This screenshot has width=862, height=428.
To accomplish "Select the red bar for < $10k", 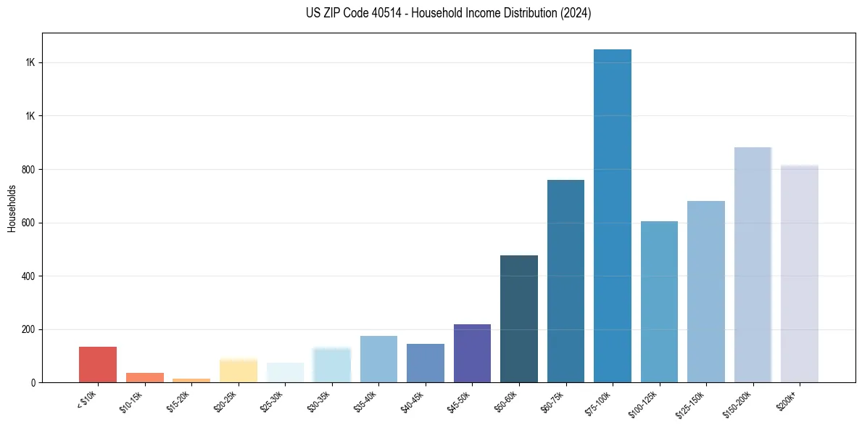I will tap(98, 364).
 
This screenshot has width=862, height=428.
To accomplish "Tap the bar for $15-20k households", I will tap(191, 380).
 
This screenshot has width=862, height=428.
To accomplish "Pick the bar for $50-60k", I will tap(519, 318).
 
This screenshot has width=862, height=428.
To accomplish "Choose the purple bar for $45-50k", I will tap(472, 353).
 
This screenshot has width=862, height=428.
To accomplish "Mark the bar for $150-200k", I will tap(753, 265).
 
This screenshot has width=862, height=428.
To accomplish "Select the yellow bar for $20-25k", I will tap(239, 370).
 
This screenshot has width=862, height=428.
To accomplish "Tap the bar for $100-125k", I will tap(659, 302).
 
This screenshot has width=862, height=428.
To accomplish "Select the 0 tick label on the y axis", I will tap(33, 382).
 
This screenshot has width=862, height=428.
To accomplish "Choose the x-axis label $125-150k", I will tap(694, 404).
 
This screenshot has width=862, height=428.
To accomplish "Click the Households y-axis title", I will tap(12, 207).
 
